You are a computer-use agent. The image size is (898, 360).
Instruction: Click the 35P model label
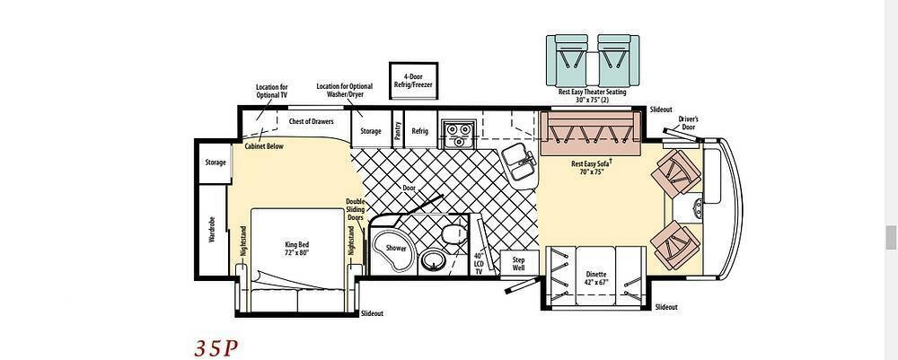(216, 348)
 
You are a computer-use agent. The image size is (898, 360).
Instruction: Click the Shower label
(396, 249)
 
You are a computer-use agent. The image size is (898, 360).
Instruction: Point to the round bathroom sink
(434, 261)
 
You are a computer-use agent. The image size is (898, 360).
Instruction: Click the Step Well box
(518, 263)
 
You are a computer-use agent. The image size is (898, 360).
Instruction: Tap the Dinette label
(595, 277)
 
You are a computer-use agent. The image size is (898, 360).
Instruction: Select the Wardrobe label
(211, 229)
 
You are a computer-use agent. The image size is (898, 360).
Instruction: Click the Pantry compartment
(398, 130)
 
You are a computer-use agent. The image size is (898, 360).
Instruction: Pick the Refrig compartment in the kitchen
(419, 130)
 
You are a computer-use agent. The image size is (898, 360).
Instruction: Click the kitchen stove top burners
(458, 134)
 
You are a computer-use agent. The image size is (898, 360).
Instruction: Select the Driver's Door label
(689, 123)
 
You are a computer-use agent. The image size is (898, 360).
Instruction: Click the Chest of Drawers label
(311, 121)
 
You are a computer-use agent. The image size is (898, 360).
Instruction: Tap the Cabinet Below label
(264, 146)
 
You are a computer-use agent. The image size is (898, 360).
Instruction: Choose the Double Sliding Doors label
(356, 209)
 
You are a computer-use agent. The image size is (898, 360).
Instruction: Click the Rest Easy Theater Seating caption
(592, 95)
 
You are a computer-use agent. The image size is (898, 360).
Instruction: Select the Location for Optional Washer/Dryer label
(345, 91)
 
